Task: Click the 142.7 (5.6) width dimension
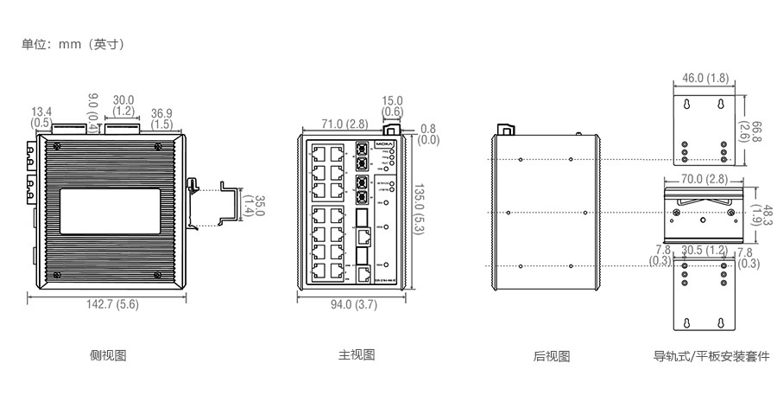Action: tap(108, 304)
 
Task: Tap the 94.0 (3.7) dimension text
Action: tap(353, 304)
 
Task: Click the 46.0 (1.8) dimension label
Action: tap(705, 78)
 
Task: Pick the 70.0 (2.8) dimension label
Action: tap(704, 180)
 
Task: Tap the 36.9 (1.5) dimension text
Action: tap(161, 118)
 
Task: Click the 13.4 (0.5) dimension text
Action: tap(41, 118)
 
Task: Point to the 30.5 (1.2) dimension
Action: tap(704, 251)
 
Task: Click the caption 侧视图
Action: tap(108, 355)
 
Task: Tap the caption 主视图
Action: tap(356, 355)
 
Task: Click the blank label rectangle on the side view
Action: tap(108, 210)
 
